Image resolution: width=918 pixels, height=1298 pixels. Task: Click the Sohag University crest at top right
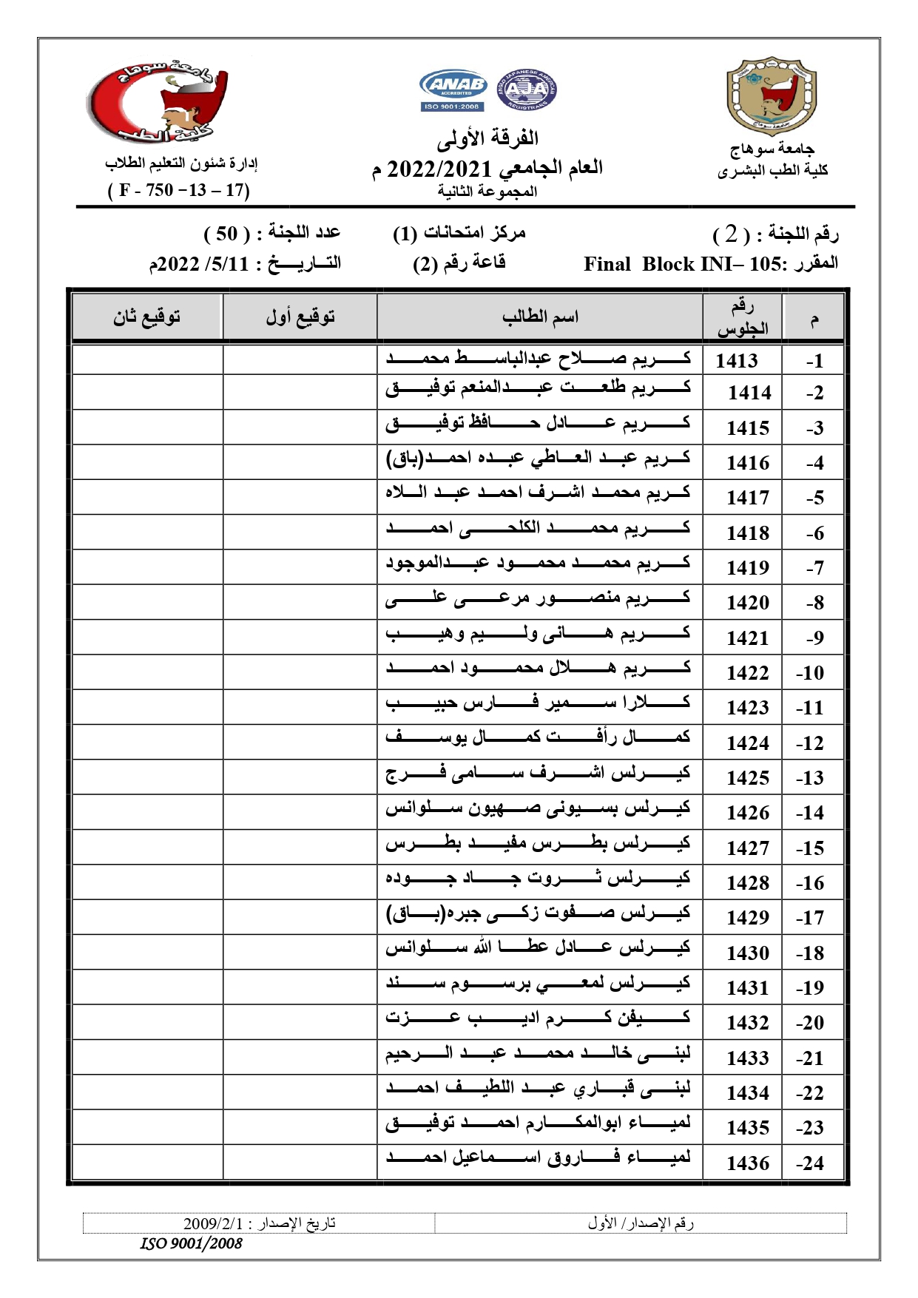[772, 96]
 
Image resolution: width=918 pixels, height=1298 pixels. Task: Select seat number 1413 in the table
[737, 360]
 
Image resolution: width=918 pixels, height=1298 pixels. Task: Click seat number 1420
[748, 603]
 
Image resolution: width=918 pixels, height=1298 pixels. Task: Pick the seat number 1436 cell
[748, 1163]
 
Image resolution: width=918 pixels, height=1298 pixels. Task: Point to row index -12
[811, 743]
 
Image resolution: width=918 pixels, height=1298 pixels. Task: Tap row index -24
[811, 1163]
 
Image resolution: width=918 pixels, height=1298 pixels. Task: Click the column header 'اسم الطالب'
[540, 317]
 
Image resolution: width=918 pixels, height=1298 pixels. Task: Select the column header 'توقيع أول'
[300, 317]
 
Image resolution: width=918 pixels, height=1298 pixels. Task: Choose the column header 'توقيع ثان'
[146, 317]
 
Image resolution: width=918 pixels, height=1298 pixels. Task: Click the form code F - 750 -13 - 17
[179, 190]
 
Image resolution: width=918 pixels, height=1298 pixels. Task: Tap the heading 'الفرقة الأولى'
[487, 138]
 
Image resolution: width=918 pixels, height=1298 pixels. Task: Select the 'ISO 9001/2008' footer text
[191, 1243]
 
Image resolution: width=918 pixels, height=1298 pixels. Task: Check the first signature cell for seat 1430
[300, 952]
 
